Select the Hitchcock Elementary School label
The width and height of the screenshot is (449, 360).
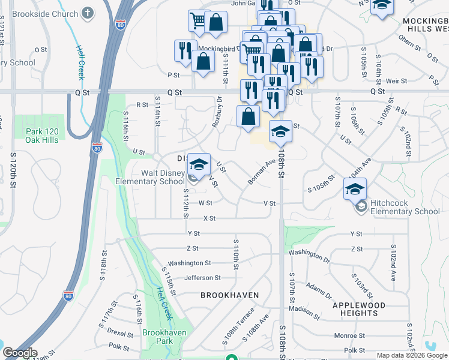point(405,207)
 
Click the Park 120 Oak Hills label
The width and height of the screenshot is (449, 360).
point(41,136)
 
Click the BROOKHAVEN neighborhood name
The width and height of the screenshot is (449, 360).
point(230,295)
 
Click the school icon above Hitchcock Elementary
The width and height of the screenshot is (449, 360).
point(355,189)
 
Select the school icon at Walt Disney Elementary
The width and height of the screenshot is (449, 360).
point(199,164)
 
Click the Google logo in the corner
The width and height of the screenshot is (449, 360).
point(20,353)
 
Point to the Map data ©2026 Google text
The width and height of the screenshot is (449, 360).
point(412,355)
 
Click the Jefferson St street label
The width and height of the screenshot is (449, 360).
point(202,278)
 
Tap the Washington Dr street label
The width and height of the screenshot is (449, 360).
point(309,256)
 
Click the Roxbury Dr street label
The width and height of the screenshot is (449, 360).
point(217,112)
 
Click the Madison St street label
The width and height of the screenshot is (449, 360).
point(304,311)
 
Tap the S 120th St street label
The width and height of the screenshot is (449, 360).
point(13,169)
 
